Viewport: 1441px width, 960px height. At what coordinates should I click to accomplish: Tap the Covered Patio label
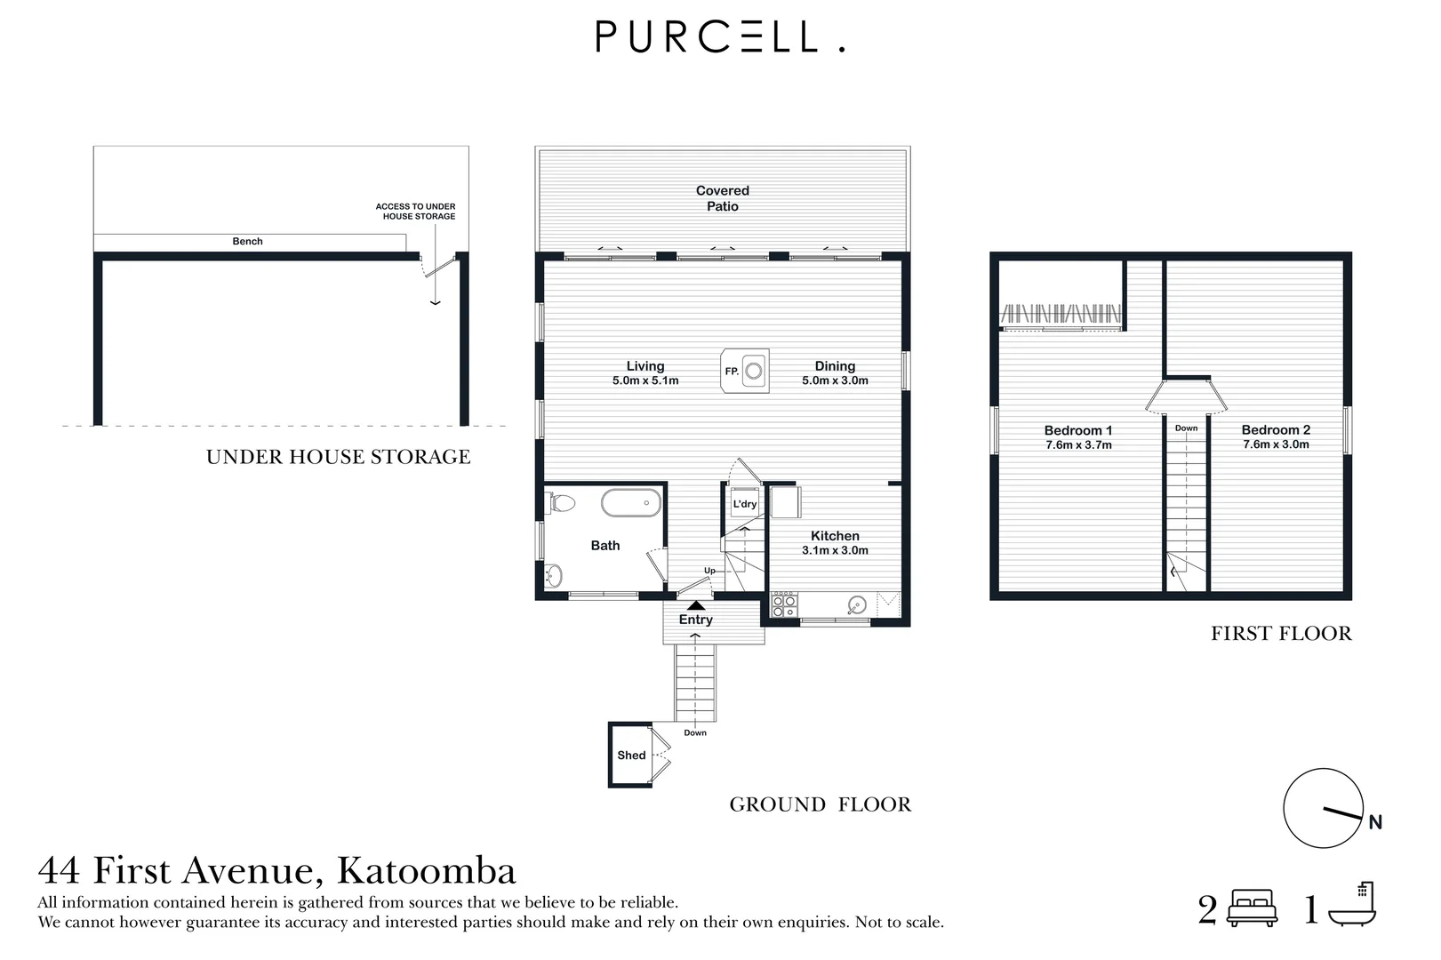722,198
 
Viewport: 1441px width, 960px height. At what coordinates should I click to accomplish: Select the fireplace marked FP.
745,371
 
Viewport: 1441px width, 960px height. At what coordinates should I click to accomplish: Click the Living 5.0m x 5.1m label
644,372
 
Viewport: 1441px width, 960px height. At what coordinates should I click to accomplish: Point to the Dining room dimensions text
835,380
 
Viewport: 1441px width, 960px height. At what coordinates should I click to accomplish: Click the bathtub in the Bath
631,502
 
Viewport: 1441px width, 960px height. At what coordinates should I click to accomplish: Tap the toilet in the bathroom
562,503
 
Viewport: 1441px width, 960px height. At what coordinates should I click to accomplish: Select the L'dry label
744,504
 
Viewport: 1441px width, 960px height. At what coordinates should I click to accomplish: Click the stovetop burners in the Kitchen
784,606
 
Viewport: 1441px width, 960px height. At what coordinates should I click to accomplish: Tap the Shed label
631,756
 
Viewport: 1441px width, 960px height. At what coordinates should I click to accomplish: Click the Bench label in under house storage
247,241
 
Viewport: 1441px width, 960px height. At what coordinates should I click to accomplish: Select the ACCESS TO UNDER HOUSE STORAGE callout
416,212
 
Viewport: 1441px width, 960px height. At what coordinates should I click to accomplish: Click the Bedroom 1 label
1077,430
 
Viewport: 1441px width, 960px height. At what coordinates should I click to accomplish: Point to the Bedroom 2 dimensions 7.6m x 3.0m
1276,444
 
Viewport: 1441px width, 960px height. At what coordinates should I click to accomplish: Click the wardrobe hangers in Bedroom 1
1061,315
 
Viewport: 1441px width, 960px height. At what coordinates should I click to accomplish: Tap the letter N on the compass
1374,823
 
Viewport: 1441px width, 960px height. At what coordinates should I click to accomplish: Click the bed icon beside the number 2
1252,908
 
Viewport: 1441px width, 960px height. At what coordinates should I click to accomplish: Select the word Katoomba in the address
427,870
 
